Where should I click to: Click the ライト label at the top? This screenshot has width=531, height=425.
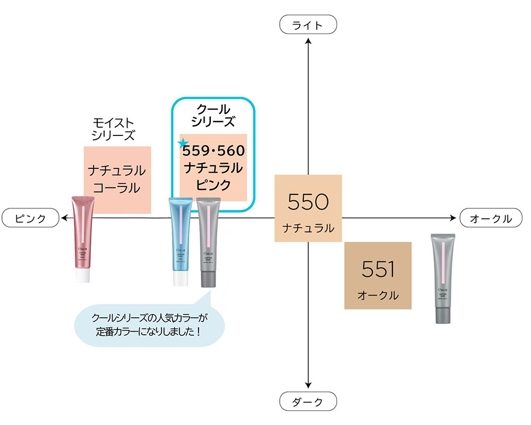pyautogui.click(x=308, y=25)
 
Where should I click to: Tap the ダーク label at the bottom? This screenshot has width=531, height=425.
pyautogui.click(x=308, y=402)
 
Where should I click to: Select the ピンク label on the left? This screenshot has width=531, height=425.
pyautogui.click(x=30, y=218)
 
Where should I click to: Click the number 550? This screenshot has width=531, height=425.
pyautogui.click(x=308, y=202)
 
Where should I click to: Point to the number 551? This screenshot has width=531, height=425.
pyautogui.click(x=378, y=270)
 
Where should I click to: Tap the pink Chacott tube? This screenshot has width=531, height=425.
pyautogui.click(x=83, y=234)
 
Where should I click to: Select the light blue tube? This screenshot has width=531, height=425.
pyautogui.click(x=181, y=239)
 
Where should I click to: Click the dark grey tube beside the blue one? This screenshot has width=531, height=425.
pyautogui.click(x=208, y=239)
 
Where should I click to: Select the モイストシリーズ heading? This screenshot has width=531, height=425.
pyautogui.click(x=113, y=129)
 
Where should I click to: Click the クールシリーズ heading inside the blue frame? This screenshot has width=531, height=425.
pyautogui.click(x=212, y=115)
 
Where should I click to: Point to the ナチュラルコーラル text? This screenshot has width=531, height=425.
pyautogui.click(x=117, y=179)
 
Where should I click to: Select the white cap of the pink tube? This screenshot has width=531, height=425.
pyautogui.click(x=83, y=276)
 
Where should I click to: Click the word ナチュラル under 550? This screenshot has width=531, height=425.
pyautogui.click(x=308, y=228)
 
